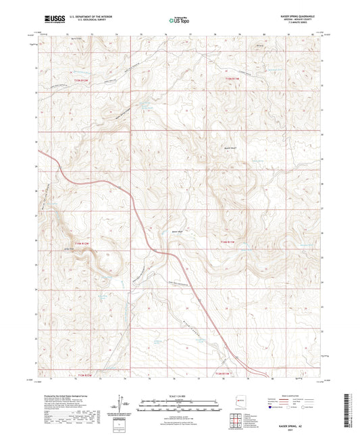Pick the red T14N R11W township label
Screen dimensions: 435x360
pyautogui.click(x=232, y=241)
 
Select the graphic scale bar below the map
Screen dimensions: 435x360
pyautogui.click(x=179, y=403)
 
